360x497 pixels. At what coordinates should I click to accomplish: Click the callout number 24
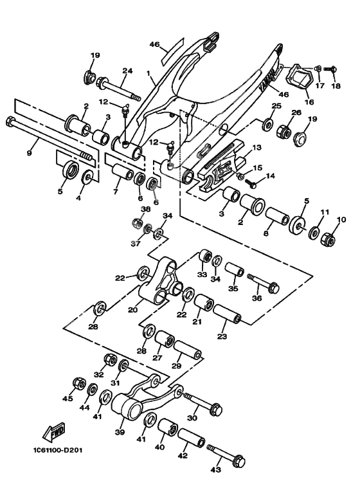[127, 71]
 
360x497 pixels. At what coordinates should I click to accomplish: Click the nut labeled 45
[78, 384]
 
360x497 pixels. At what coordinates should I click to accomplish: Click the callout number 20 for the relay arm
[132, 309]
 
